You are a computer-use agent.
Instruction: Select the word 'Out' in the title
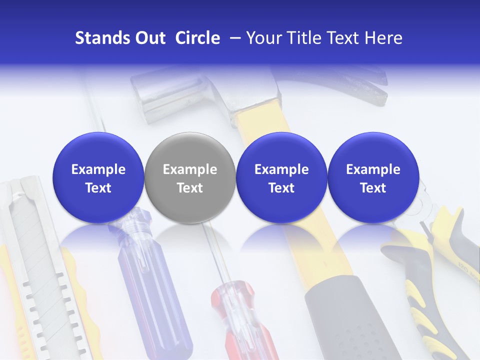pyautogui.click(x=149, y=38)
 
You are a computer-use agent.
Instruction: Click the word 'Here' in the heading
pyautogui.click(x=383, y=38)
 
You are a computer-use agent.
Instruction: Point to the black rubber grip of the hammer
pyautogui.click(x=345, y=320)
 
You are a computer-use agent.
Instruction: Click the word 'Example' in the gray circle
pyautogui.click(x=189, y=169)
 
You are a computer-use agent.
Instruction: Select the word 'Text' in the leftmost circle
pyautogui.click(x=98, y=188)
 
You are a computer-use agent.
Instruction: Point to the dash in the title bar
pyautogui.click(x=233, y=38)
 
